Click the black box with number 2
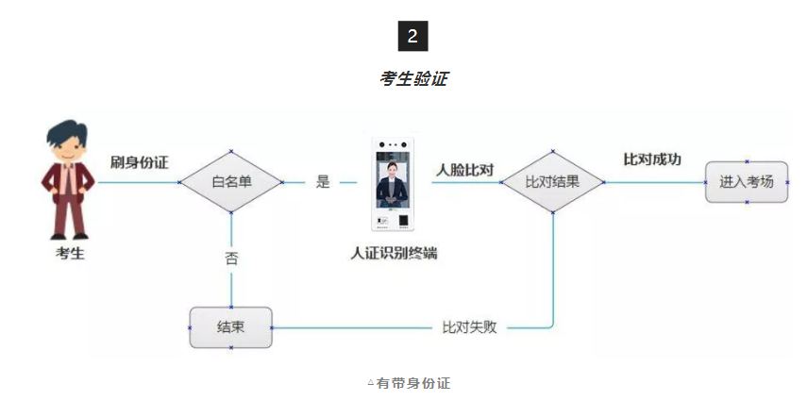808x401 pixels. click(412, 36)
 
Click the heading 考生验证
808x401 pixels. click(412, 78)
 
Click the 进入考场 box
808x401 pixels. click(747, 181)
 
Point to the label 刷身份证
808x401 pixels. click(140, 162)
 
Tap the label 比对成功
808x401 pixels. click(652, 159)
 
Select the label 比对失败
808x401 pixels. click(469, 327)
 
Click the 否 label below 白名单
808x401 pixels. click(231, 257)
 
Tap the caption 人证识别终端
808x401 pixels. click(394, 253)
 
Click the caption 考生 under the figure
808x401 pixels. click(68, 253)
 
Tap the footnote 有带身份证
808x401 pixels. click(412, 383)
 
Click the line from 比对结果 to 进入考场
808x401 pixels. click(651, 182)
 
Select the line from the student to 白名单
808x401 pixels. click(137, 182)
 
